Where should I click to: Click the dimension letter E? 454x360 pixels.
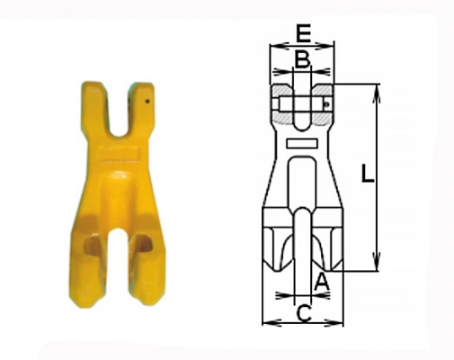click(304, 33)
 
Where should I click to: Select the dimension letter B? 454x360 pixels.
click(302, 59)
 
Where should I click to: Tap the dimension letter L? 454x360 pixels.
click(368, 174)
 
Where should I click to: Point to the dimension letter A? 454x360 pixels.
click(322, 283)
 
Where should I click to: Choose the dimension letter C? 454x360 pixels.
click(304, 313)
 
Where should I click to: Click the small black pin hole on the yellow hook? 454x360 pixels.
click(147, 102)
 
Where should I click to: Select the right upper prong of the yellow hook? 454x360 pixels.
click(140, 108)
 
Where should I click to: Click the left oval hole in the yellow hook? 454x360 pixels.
click(92, 245)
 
